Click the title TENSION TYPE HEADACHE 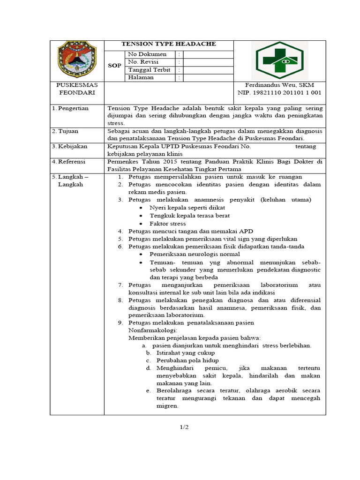[x=169, y=44]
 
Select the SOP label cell [x=114, y=66]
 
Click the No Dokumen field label [x=147, y=54]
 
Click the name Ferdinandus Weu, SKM [x=279, y=85]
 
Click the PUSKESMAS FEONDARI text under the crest [x=77, y=89]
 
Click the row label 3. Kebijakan [x=70, y=147]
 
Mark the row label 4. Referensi [x=70, y=162]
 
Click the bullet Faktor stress [x=167, y=224]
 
